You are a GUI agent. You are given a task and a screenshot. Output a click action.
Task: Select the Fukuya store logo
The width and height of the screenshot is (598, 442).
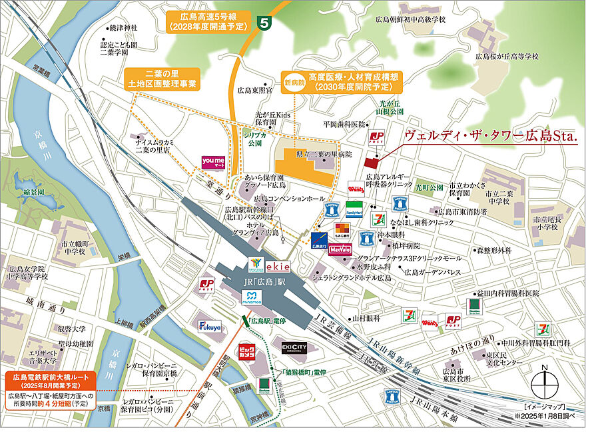[208, 327]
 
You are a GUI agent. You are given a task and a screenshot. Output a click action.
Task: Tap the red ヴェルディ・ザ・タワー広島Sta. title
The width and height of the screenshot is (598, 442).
[491, 135]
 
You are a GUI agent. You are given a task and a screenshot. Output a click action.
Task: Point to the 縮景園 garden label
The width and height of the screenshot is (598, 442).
[33, 192]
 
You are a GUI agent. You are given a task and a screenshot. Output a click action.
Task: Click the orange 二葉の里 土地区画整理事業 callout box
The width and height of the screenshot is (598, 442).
[162, 78]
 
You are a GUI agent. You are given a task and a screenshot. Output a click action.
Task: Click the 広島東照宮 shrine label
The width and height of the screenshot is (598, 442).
[255, 90]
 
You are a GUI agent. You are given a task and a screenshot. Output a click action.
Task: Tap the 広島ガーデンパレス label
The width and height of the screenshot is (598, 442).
[433, 272]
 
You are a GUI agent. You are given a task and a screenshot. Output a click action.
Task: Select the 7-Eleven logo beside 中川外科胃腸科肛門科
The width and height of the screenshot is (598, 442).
[543, 329]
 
